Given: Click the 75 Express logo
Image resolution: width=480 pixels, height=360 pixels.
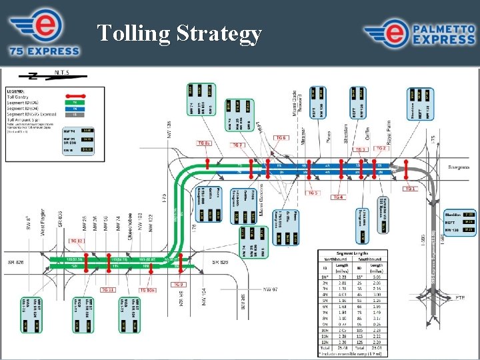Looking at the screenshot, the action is click(x=44, y=33).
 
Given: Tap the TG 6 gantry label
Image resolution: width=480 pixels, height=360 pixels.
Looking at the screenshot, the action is click(x=281, y=138).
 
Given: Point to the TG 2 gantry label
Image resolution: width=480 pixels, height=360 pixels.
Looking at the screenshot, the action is click(x=381, y=148).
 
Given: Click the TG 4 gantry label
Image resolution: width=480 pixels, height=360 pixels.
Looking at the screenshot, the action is click(x=338, y=197).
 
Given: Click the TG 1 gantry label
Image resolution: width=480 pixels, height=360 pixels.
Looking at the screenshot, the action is click(x=410, y=189).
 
